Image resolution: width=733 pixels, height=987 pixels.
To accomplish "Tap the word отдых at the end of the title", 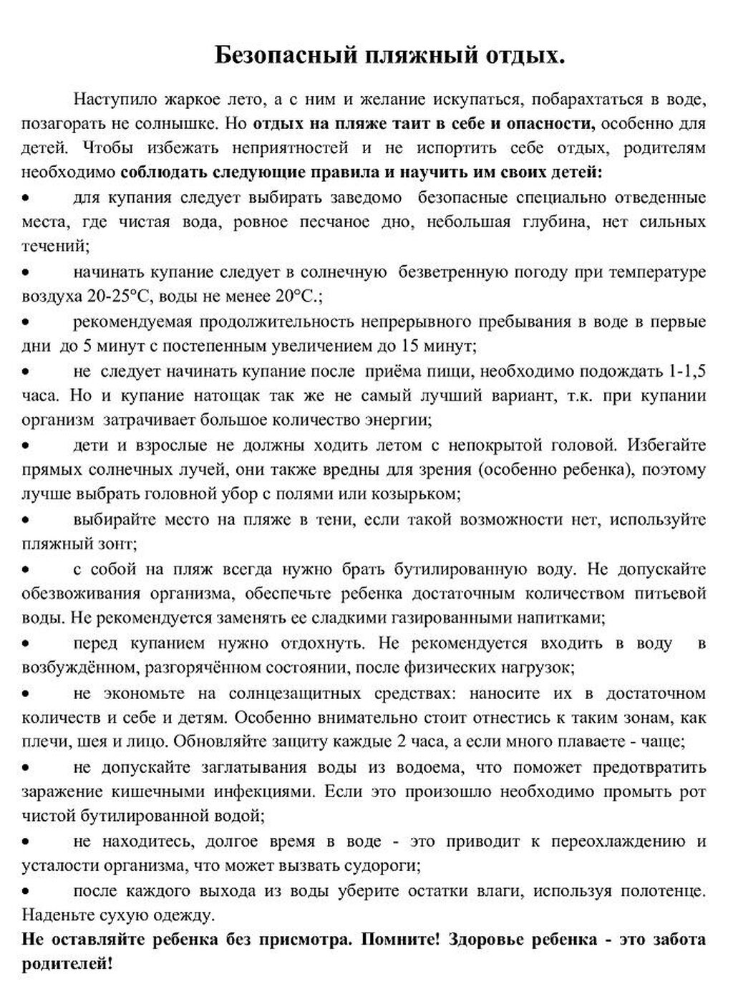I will point(527,55).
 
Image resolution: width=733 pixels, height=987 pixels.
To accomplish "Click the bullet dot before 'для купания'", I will point(26,197).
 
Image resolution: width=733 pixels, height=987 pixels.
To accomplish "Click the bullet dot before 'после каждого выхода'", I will point(26,891).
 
